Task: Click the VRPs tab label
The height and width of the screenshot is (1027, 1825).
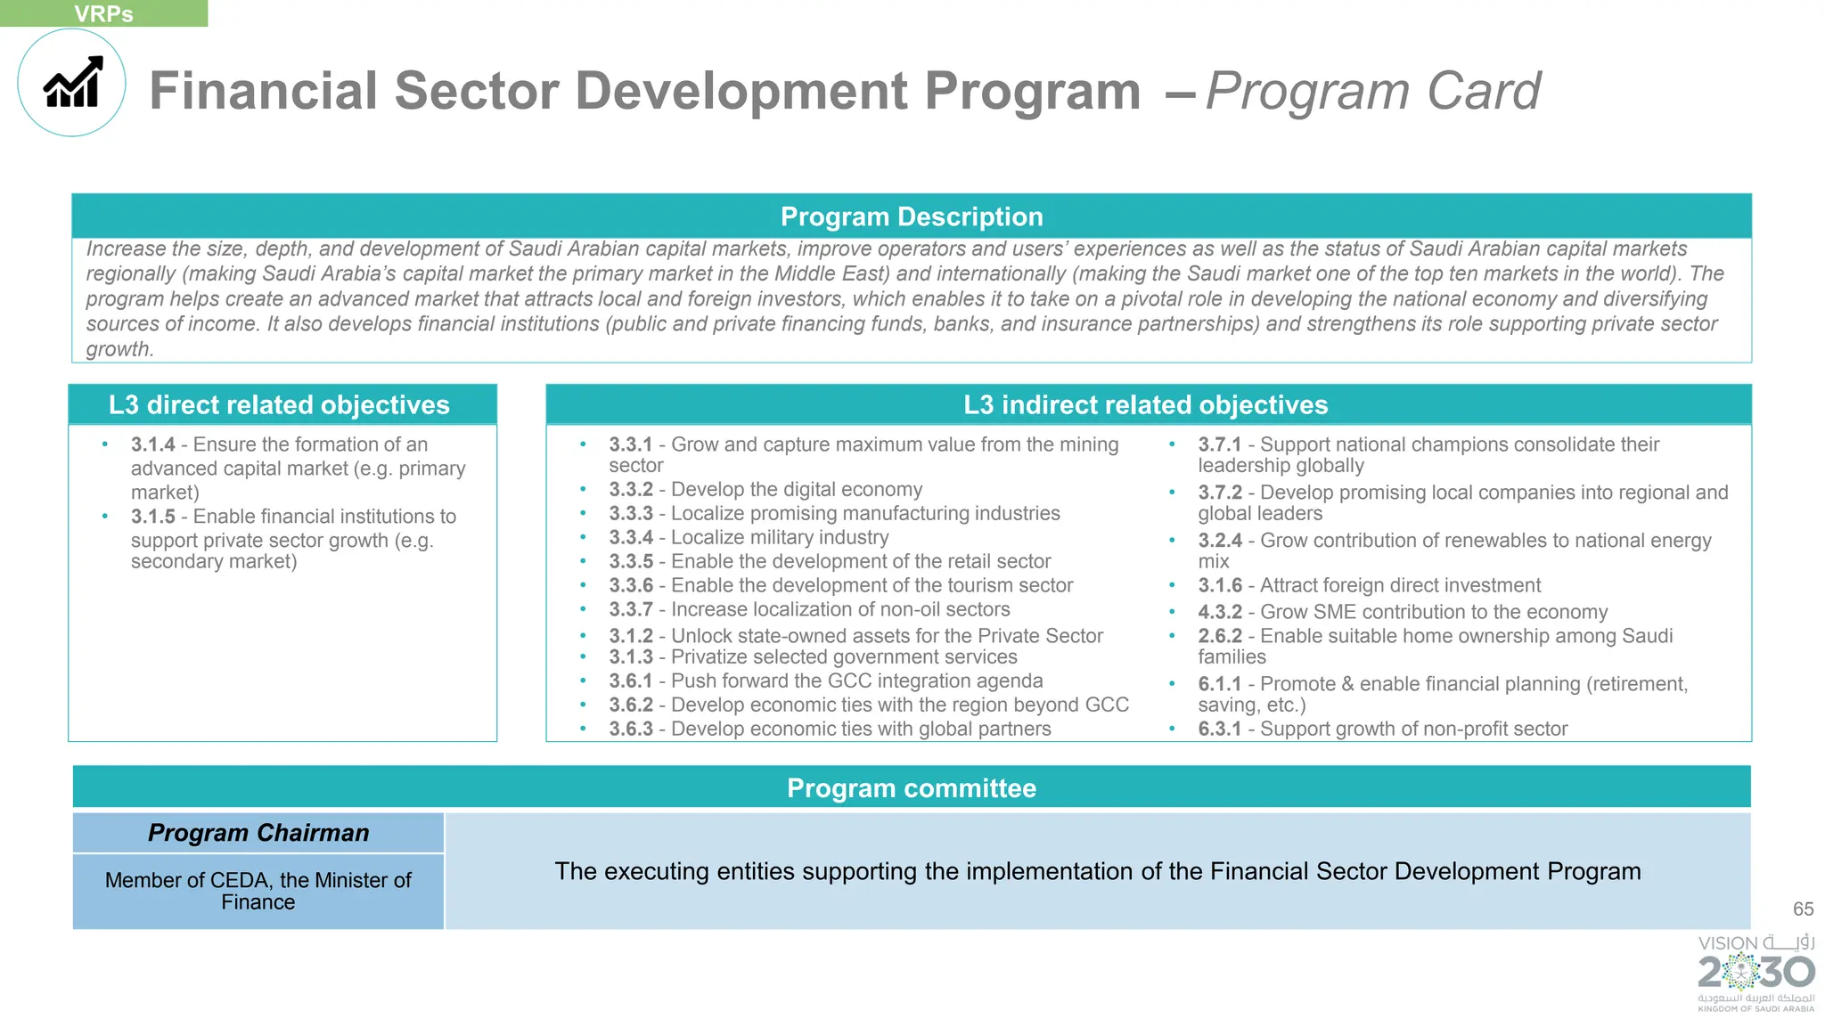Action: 103,13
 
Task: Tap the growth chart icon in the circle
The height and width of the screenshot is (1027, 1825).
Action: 73,83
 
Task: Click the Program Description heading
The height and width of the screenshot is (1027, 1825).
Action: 911,216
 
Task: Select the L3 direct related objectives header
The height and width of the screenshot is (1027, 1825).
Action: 279,405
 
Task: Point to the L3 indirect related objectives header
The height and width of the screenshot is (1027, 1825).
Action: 1145,405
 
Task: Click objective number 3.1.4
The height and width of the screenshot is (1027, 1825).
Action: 152,444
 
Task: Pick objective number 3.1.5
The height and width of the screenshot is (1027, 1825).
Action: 152,517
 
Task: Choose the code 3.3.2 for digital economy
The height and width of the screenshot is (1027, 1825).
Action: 631,490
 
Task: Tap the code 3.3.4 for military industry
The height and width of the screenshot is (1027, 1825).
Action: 631,538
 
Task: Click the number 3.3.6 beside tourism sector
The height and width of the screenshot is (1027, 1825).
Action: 631,586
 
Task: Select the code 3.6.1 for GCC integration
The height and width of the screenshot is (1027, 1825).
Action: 631,681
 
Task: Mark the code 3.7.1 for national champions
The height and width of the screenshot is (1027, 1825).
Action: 1219,444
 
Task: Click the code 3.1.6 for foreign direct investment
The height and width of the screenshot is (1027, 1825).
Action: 1219,586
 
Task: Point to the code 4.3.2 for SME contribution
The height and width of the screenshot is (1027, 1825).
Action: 1219,613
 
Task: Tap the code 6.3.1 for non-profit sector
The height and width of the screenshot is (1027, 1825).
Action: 1219,729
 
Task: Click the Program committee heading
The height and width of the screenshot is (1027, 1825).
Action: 911,788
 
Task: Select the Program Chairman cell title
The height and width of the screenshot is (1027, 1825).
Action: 258,833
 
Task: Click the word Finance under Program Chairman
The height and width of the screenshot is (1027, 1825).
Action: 258,903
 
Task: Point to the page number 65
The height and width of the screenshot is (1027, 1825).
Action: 1803,909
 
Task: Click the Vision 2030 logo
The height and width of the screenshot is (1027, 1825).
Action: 1755,973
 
